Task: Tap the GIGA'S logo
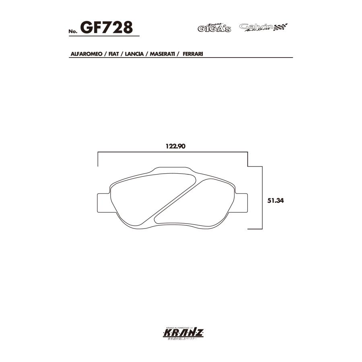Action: click(x=214, y=28)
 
